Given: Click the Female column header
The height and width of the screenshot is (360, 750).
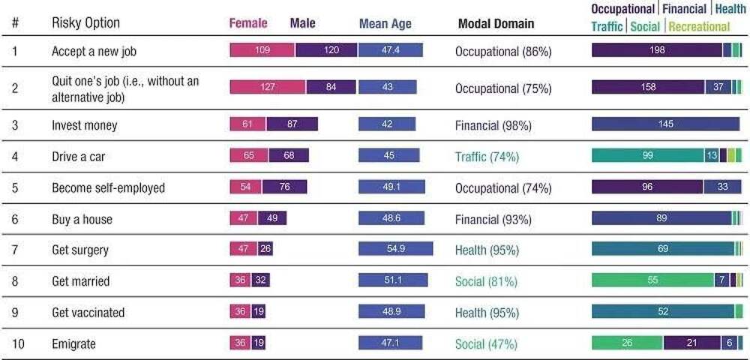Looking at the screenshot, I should [x=247, y=23].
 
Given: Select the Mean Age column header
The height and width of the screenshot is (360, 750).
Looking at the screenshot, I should [x=385, y=23].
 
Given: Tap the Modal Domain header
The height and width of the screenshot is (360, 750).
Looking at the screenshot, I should [x=496, y=23].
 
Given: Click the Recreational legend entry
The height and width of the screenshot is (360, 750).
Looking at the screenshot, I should [x=699, y=26].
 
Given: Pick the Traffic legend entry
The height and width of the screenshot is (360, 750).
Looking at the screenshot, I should [x=607, y=26].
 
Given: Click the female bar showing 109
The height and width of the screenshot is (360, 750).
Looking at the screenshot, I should [x=262, y=50].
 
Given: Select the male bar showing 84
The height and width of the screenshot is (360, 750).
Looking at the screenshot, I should [x=330, y=87].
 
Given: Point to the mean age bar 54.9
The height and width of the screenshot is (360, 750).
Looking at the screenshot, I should [x=395, y=249].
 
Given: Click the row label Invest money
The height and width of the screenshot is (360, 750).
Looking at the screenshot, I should [x=84, y=125].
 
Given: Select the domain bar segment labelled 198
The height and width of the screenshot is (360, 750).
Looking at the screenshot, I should [x=657, y=50].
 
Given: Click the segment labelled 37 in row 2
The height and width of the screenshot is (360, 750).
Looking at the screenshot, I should [x=718, y=87].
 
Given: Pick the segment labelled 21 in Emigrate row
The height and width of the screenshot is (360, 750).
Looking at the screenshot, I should [x=692, y=343].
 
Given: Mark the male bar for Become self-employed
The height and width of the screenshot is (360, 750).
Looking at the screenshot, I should [x=284, y=187].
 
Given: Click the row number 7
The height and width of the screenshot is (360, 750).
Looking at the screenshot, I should [x=15, y=250].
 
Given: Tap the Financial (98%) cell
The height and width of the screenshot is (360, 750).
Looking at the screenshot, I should [x=493, y=125].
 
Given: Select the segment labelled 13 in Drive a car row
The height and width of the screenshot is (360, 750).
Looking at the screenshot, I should [x=711, y=156].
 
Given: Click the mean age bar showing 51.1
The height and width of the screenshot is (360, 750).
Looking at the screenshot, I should [x=393, y=280].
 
